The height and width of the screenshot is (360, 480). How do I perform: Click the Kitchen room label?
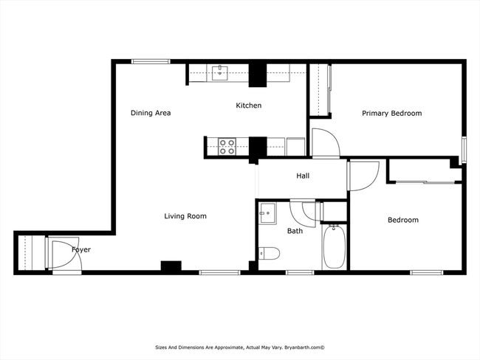(249, 105)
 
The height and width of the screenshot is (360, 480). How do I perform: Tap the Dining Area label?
(151, 113)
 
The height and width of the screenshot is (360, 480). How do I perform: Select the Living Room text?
(185, 216)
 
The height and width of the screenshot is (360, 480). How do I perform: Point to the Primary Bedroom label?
(392, 114)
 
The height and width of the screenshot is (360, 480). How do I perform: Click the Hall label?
(303, 176)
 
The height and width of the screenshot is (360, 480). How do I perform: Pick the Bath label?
(295, 231)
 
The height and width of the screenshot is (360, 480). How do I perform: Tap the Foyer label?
(81, 250)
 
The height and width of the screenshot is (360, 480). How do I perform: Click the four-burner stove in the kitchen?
(227, 147)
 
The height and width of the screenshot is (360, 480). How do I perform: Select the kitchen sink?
(220, 72)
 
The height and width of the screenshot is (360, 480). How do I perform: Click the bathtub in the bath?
(335, 246)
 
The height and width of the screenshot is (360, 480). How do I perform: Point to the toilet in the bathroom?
(269, 254)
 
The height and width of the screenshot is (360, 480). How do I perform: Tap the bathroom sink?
(267, 213)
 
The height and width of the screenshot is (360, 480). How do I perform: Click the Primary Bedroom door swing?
(326, 142)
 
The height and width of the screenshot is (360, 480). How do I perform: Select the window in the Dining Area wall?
(151, 61)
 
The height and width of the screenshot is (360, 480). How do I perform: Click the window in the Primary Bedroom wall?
(464, 150)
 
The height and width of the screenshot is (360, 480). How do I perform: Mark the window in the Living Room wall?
(219, 272)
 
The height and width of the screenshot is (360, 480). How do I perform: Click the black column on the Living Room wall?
(171, 266)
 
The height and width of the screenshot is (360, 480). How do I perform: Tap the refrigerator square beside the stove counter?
(295, 147)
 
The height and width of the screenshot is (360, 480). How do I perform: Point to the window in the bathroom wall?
(300, 272)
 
